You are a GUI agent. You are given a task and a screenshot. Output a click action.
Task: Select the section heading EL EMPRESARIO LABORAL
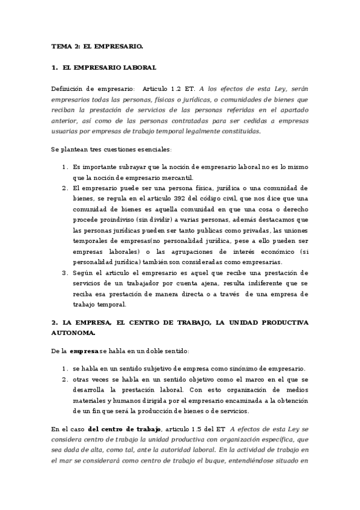click(x=109, y=68)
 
